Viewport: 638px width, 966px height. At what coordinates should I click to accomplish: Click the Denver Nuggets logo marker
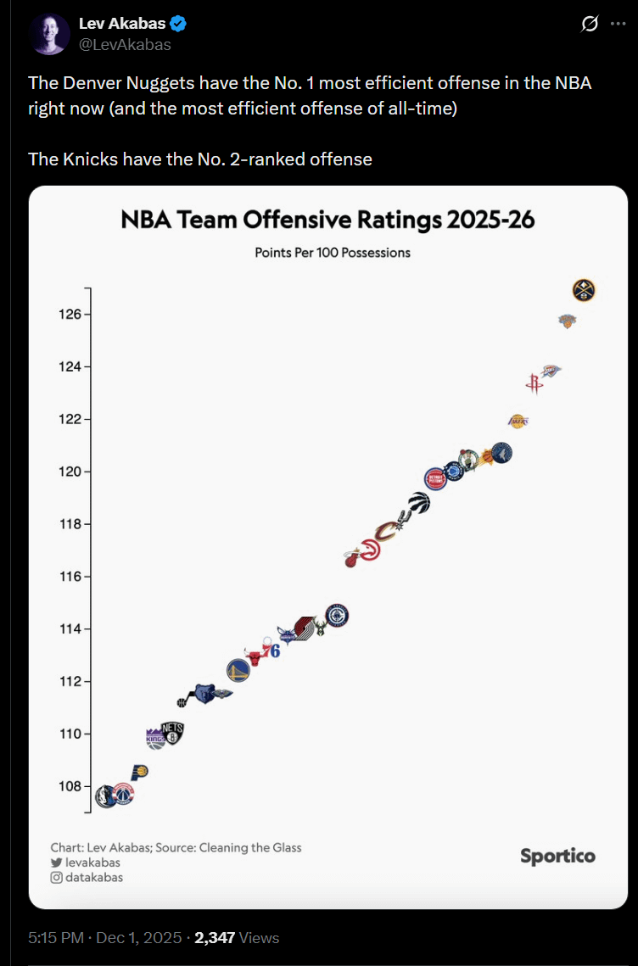(x=584, y=290)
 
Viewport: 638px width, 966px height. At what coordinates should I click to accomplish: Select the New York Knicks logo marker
(x=567, y=321)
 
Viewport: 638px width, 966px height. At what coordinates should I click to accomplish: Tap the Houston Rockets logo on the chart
(x=534, y=383)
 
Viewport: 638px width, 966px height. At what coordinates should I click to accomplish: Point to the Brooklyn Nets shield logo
(x=173, y=733)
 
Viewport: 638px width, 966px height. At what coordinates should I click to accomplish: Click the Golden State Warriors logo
(x=238, y=671)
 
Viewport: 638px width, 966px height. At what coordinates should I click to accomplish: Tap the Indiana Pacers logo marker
(x=140, y=772)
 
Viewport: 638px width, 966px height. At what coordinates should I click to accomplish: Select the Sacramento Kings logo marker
(x=156, y=739)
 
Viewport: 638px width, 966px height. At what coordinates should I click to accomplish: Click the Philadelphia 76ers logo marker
(x=271, y=651)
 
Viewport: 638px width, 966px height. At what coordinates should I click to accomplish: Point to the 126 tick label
(x=70, y=315)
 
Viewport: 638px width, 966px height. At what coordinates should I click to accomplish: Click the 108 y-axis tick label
(x=70, y=786)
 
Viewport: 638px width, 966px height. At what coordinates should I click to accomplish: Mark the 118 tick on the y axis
(x=70, y=524)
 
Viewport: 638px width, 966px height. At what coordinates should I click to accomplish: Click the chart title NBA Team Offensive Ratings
(x=327, y=221)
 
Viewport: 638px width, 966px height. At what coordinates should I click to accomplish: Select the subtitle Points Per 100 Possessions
(x=333, y=253)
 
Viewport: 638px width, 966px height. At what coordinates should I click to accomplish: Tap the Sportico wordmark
(x=557, y=856)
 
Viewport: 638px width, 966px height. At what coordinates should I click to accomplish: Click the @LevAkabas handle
(x=125, y=45)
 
